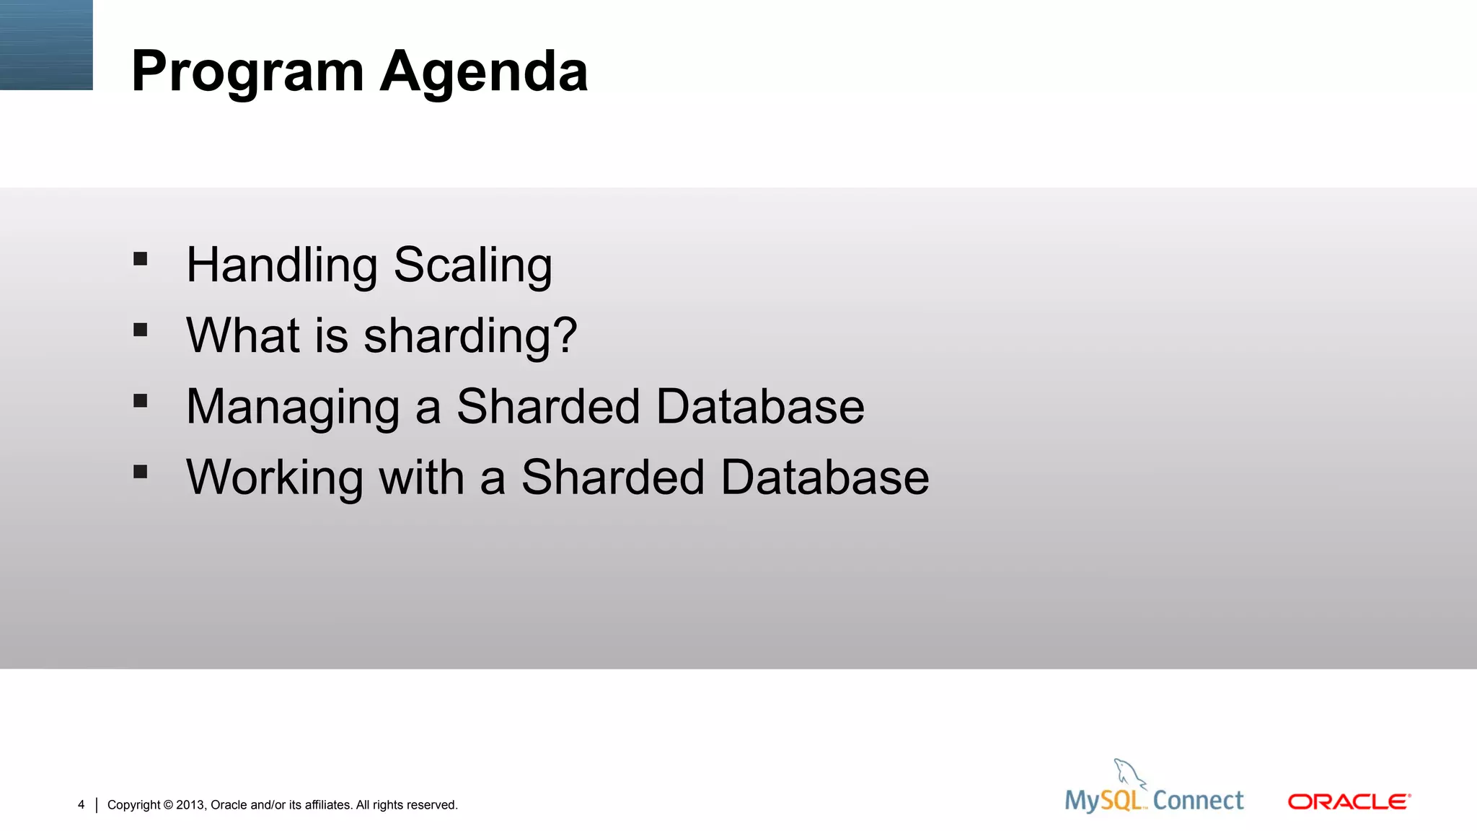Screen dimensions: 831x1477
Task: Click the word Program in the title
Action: (x=247, y=72)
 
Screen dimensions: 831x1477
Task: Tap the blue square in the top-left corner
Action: (x=46, y=45)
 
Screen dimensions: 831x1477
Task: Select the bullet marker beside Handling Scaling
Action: (x=141, y=259)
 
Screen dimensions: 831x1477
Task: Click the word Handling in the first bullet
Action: (x=281, y=265)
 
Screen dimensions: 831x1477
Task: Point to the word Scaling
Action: (x=473, y=265)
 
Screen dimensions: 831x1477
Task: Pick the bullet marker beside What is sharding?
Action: (x=141, y=330)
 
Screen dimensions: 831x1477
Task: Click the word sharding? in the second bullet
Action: (x=470, y=336)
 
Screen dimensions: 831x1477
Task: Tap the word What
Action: (x=242, y=335)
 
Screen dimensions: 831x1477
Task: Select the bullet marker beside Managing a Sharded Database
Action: (x=141, y=400)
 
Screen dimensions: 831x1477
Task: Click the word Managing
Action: (x=293, y=407)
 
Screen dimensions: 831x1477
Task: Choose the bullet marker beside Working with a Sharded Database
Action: (x=141, y=472)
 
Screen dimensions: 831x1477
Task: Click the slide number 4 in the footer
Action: (x=81, y=804)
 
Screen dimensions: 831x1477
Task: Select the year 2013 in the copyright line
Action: (x=190, y=805)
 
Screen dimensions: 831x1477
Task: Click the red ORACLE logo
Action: (x=1349, y=801)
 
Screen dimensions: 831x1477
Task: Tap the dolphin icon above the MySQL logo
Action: (x=1127, y=773)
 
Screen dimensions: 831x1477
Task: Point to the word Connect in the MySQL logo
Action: (x=1198, y=801)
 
